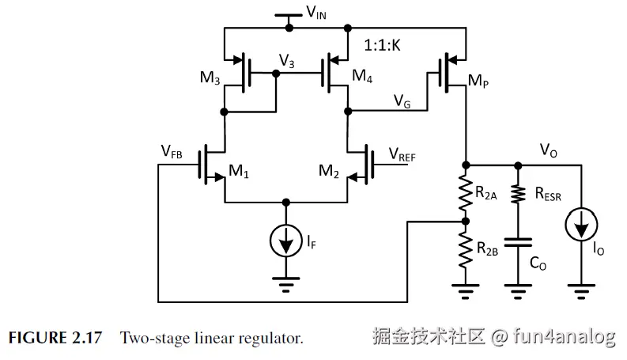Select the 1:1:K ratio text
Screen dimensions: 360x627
(383, 47)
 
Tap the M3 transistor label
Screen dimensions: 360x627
(210, 77)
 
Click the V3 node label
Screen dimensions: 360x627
(288, 59)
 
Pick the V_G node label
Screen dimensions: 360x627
(402, 100)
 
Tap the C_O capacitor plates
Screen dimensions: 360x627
(519, 241)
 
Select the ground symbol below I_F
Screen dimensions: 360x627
(285, 280)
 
